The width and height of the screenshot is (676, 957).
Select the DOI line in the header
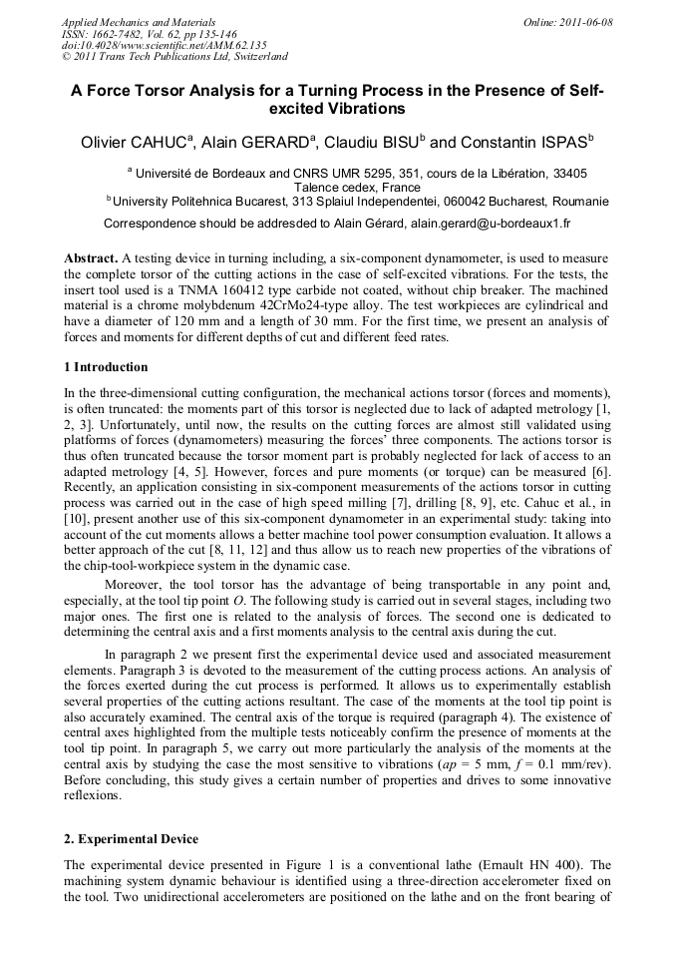coord(147,45)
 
